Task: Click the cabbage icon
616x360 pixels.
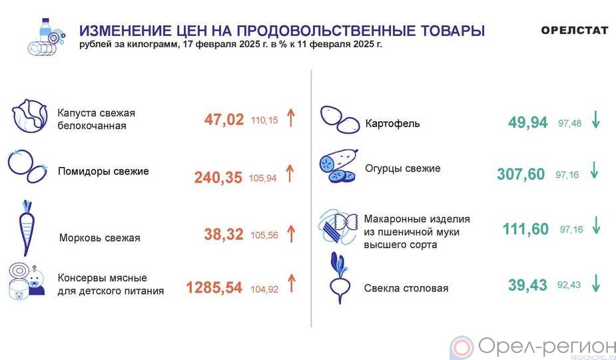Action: [x=29, y=116]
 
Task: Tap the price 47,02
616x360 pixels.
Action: [x=224, y=120]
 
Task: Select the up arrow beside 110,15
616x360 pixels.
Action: [x=290, y=117]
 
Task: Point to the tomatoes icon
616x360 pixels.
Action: [x=27, y=166]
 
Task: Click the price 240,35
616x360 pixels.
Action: [x=218, y=178]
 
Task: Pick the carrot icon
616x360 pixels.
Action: [x=27, y=228]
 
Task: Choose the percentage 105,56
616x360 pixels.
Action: [x=264, y=235]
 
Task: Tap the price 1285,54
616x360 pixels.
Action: [x=214, y=287]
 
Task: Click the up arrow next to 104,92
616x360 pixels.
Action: [x=291, y=283]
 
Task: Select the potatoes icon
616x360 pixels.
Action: [x=340, y=120]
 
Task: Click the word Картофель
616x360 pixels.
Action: [x=392, y=123]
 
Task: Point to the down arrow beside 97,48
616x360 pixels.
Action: [x=596, y=120]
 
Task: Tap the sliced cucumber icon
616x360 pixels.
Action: [x=339, y=166]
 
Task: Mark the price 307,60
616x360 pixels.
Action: [x=521, y=174]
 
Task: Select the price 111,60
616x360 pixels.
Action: [x=525, y=228]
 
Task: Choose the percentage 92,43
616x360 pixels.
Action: [x=569, y=285]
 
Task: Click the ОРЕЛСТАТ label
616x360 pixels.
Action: [x=574, y=30]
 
